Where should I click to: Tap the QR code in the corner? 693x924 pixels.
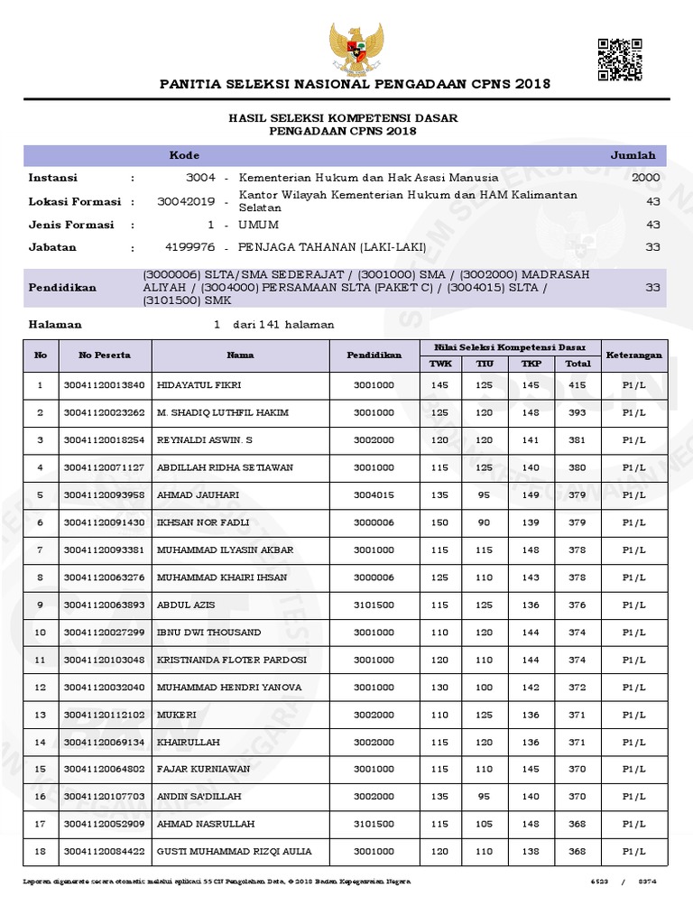pos(620,60)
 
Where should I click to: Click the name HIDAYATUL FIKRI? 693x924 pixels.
pos(199,385)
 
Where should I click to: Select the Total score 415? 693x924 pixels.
pos(577,385)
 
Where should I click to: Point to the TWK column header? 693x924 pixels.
pos(439,363)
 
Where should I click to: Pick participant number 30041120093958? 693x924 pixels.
pos(105,495)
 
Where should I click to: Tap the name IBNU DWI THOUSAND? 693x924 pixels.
pos(209,633)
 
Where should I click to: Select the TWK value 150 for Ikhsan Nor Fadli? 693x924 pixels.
pos(439,522)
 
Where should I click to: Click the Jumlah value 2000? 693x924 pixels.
pos(646,178)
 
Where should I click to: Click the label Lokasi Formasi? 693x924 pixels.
pos(76,202)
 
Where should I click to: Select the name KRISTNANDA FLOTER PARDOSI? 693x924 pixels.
pos(232,660)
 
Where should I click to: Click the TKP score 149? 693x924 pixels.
pos(530,495)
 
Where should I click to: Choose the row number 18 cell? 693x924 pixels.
pos(40,852)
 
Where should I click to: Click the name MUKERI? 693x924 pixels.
pos(177,715)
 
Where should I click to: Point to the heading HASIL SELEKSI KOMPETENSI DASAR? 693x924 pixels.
pos(343,118)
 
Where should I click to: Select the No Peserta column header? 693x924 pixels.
pos(105,355)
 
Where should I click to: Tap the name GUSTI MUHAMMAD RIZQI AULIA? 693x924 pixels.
pos(234,852)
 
